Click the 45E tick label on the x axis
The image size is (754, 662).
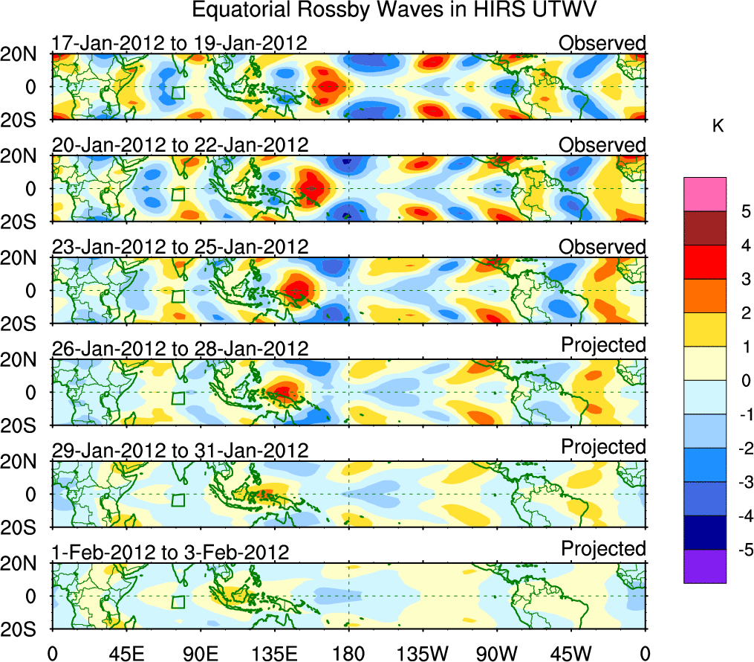(x=126, y=653)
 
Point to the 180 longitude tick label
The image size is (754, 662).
(x=348, y=653)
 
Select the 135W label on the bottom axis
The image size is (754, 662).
(x=423, y=653)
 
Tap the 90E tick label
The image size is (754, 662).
(x=201, y=653)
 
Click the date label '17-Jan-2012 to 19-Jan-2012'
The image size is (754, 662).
(x=179, y=43)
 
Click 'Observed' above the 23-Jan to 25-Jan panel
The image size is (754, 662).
(x=602, y=247)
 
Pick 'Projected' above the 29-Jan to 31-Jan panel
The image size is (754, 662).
(x=603, y=447)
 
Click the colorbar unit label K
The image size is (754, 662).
(x=718, y=127)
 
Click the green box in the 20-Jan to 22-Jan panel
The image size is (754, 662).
(x=178, y=194)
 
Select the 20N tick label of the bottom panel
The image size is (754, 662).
(x=25, y=564)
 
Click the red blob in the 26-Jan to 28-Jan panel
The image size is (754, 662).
(x=285, y=389)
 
